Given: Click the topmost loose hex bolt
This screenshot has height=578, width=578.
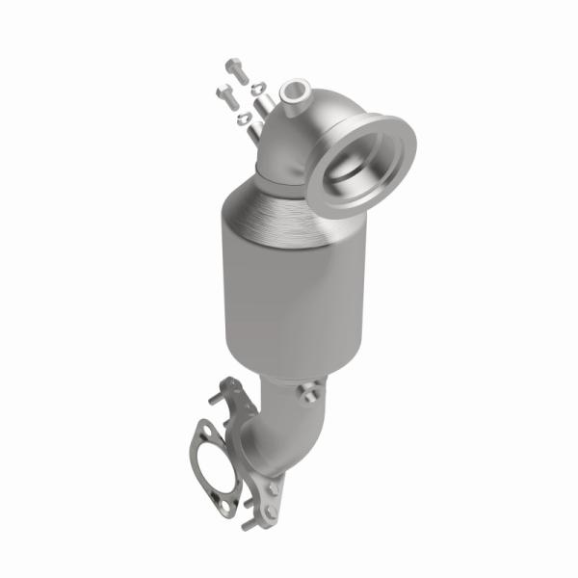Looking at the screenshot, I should [235, 69].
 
